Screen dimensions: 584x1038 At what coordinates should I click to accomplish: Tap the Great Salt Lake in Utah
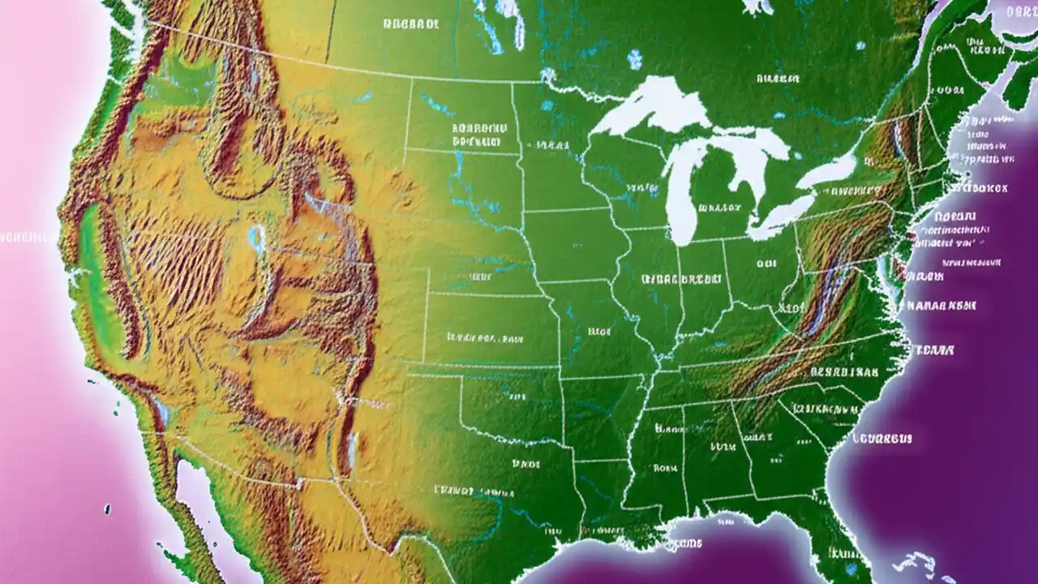tap(257, 238)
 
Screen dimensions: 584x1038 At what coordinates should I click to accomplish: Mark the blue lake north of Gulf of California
tap(161, 414)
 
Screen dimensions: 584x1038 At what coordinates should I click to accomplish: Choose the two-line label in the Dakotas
tap(478, 134)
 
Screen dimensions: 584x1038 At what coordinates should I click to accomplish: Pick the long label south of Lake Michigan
tap(680, 278)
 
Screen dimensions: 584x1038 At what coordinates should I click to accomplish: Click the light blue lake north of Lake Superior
tap(635, 58)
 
